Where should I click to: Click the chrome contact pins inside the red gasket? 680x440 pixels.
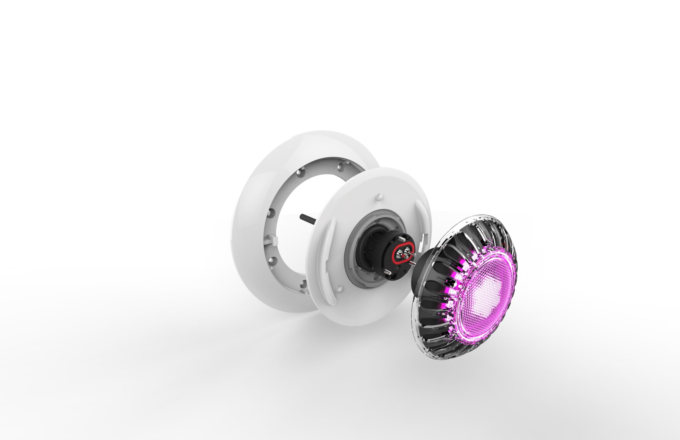pyautogui.click(x=402, y=253)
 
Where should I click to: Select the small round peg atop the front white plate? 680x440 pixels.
pyautogui.click(x=379, y=196)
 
